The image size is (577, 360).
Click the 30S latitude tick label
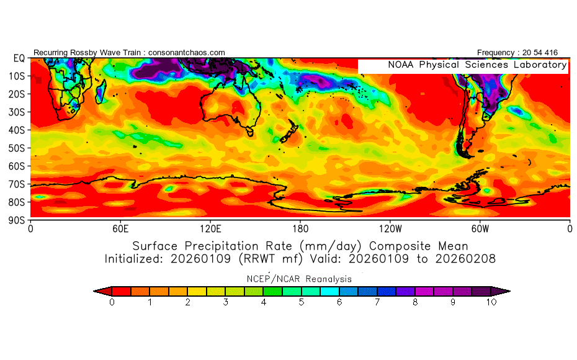[x=17, y=112]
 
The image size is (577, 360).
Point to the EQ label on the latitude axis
[x=19, y=58]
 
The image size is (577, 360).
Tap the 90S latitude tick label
[x=17, y=220]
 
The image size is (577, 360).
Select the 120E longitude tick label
[x=210, y=229]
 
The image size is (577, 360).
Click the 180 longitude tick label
[x=300, y=229]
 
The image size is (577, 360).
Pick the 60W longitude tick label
[x=480, y=229]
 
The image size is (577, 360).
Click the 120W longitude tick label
[x=390, y=229]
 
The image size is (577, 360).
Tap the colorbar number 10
[x=491, y=302]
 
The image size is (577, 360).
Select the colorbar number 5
[x=302, y=302]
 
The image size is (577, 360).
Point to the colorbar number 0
[x=112, y=302]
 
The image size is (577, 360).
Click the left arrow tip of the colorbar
[x=94, y=291]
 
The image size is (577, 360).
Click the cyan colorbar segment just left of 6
[x=329, y=291]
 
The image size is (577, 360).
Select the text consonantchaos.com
[x=187, y=53]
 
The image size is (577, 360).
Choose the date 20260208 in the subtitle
[x=465, y=259]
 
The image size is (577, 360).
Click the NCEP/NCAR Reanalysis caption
[x=299, y=279]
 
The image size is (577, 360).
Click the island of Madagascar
[x=101, y=91]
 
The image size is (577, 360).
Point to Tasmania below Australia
[x=250, y=131]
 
